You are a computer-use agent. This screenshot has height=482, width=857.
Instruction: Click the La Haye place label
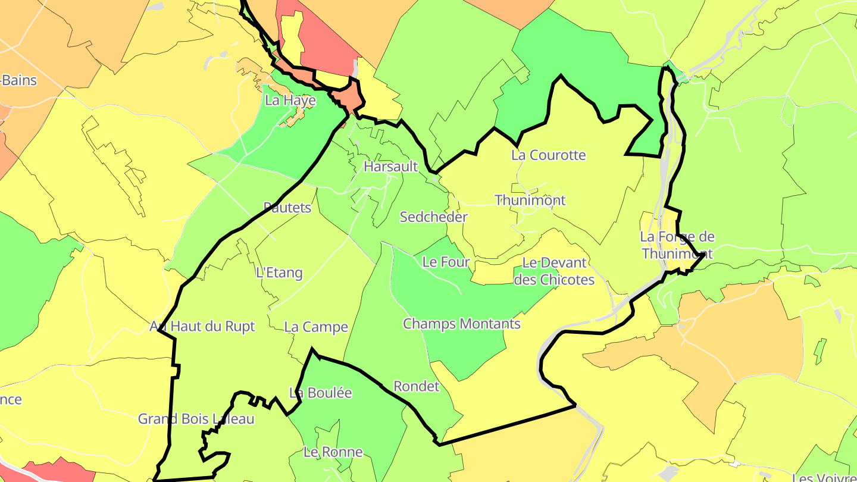(290, 101)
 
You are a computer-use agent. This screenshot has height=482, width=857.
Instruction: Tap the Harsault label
(391, 167)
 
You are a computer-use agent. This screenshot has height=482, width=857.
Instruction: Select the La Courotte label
(549, 155)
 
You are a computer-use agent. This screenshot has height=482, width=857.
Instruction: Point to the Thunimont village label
(530, 201)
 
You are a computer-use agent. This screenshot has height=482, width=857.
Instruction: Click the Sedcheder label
(434, 217)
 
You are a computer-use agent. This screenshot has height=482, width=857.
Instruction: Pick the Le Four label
(446, 262)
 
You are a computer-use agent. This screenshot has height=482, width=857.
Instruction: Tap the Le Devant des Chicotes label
(554, 271)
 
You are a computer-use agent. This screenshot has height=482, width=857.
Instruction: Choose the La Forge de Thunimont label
(677, 245)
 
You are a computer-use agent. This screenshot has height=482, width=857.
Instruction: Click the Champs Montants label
(462, 324)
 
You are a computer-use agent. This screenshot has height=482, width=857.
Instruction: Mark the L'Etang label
(279, 273)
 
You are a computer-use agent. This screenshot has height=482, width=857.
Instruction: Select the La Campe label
(316, 327)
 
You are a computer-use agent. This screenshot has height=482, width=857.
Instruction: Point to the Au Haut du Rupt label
(202, 327)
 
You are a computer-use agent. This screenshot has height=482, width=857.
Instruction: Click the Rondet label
(417, 387)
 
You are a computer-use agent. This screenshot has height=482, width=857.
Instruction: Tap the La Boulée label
(321, 393)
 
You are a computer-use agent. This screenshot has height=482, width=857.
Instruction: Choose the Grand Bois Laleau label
(196, 419)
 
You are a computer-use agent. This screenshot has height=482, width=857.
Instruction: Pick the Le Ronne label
(333, 452)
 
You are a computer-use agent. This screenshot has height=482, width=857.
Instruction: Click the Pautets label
(287, 208)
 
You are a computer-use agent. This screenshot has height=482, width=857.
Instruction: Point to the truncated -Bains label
(19, 80)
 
